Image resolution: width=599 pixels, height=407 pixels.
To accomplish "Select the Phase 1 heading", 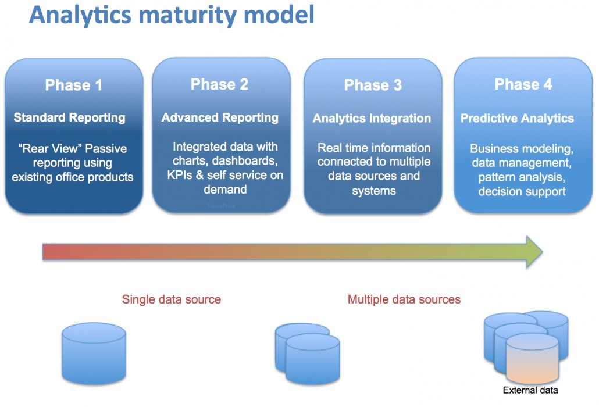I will (74, 85).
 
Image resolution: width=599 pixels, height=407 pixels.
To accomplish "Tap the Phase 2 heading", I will (220, 84).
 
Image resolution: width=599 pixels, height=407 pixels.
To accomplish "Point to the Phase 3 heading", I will (373, 85).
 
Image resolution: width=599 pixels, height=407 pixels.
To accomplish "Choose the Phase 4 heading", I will (523, 84).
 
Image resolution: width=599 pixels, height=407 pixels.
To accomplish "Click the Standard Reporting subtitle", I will (70, 117).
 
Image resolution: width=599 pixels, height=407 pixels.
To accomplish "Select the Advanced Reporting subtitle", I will (220, 117).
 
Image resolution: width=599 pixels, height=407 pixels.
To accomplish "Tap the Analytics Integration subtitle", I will (372, 119).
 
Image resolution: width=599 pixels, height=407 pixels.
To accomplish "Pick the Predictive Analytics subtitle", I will (517, 119).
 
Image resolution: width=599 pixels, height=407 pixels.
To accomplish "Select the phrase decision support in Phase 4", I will (522, 191).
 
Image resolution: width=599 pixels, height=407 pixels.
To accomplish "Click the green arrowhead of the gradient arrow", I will (533, 252).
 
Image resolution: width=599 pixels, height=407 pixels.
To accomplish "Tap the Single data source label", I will (171, 299).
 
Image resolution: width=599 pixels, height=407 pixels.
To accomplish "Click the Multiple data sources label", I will (404, 299).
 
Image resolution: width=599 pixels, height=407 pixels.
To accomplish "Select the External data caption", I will (530, 390).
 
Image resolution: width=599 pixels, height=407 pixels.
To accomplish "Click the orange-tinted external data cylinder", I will (532, 363).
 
